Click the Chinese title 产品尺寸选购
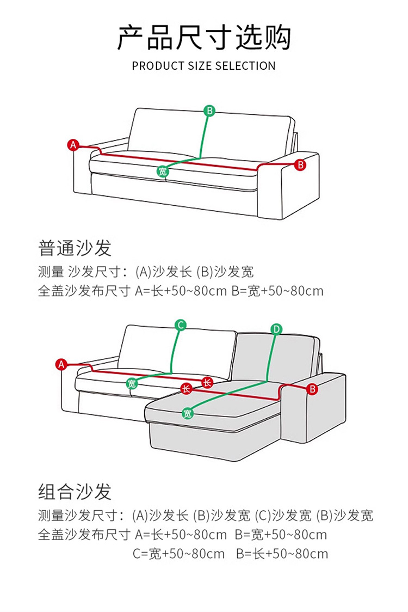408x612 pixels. tap(204, 37)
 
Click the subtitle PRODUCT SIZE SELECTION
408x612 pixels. tap(204, 66)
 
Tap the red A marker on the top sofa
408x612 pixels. tap(73, 145)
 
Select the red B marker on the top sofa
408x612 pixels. tap(300, 164)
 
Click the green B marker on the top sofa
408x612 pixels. tap(209, 111)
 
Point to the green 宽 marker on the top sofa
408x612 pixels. tap(163, 172)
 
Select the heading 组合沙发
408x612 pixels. tap(75, 491)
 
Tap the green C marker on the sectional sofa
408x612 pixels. tap(181, 326)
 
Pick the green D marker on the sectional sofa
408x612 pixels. tap(276, 329)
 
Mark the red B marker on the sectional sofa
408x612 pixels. tap(312, 389)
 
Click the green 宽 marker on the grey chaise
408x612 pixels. tap(188, 413)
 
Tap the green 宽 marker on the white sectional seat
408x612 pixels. tap(132, 384)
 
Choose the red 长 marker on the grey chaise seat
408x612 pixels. tap(186, 389)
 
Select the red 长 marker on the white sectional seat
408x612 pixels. tap(207, 382)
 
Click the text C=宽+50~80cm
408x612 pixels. tap(179, 554)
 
